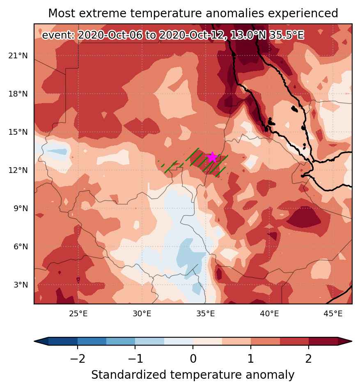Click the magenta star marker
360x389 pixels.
click(x=212, y=157)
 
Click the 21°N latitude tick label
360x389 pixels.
click(x=18, y=55)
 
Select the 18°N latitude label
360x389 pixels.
click(x=18, y=94)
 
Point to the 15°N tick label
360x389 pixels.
click(x=18, y=132)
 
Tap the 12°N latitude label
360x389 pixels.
click(x=18, y=170)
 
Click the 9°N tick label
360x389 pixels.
click(x=21, y=208)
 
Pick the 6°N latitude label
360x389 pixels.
click(x=21, y=246)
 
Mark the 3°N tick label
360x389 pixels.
click(x=21, y=285)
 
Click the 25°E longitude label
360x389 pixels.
click(x=78, y=313)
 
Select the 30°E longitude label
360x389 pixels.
click(x=142, y=313)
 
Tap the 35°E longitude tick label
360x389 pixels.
click(x=206, y=313)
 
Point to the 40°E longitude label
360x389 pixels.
click(x=270, y=313)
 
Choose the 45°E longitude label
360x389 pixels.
click(x=333, y=313)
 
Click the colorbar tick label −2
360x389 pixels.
click(x=78, y=359)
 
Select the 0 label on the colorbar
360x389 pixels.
click(x=193, y=359)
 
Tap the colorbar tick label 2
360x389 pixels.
click(x=308, y=359)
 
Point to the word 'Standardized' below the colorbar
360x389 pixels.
click(x=128, y=375)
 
